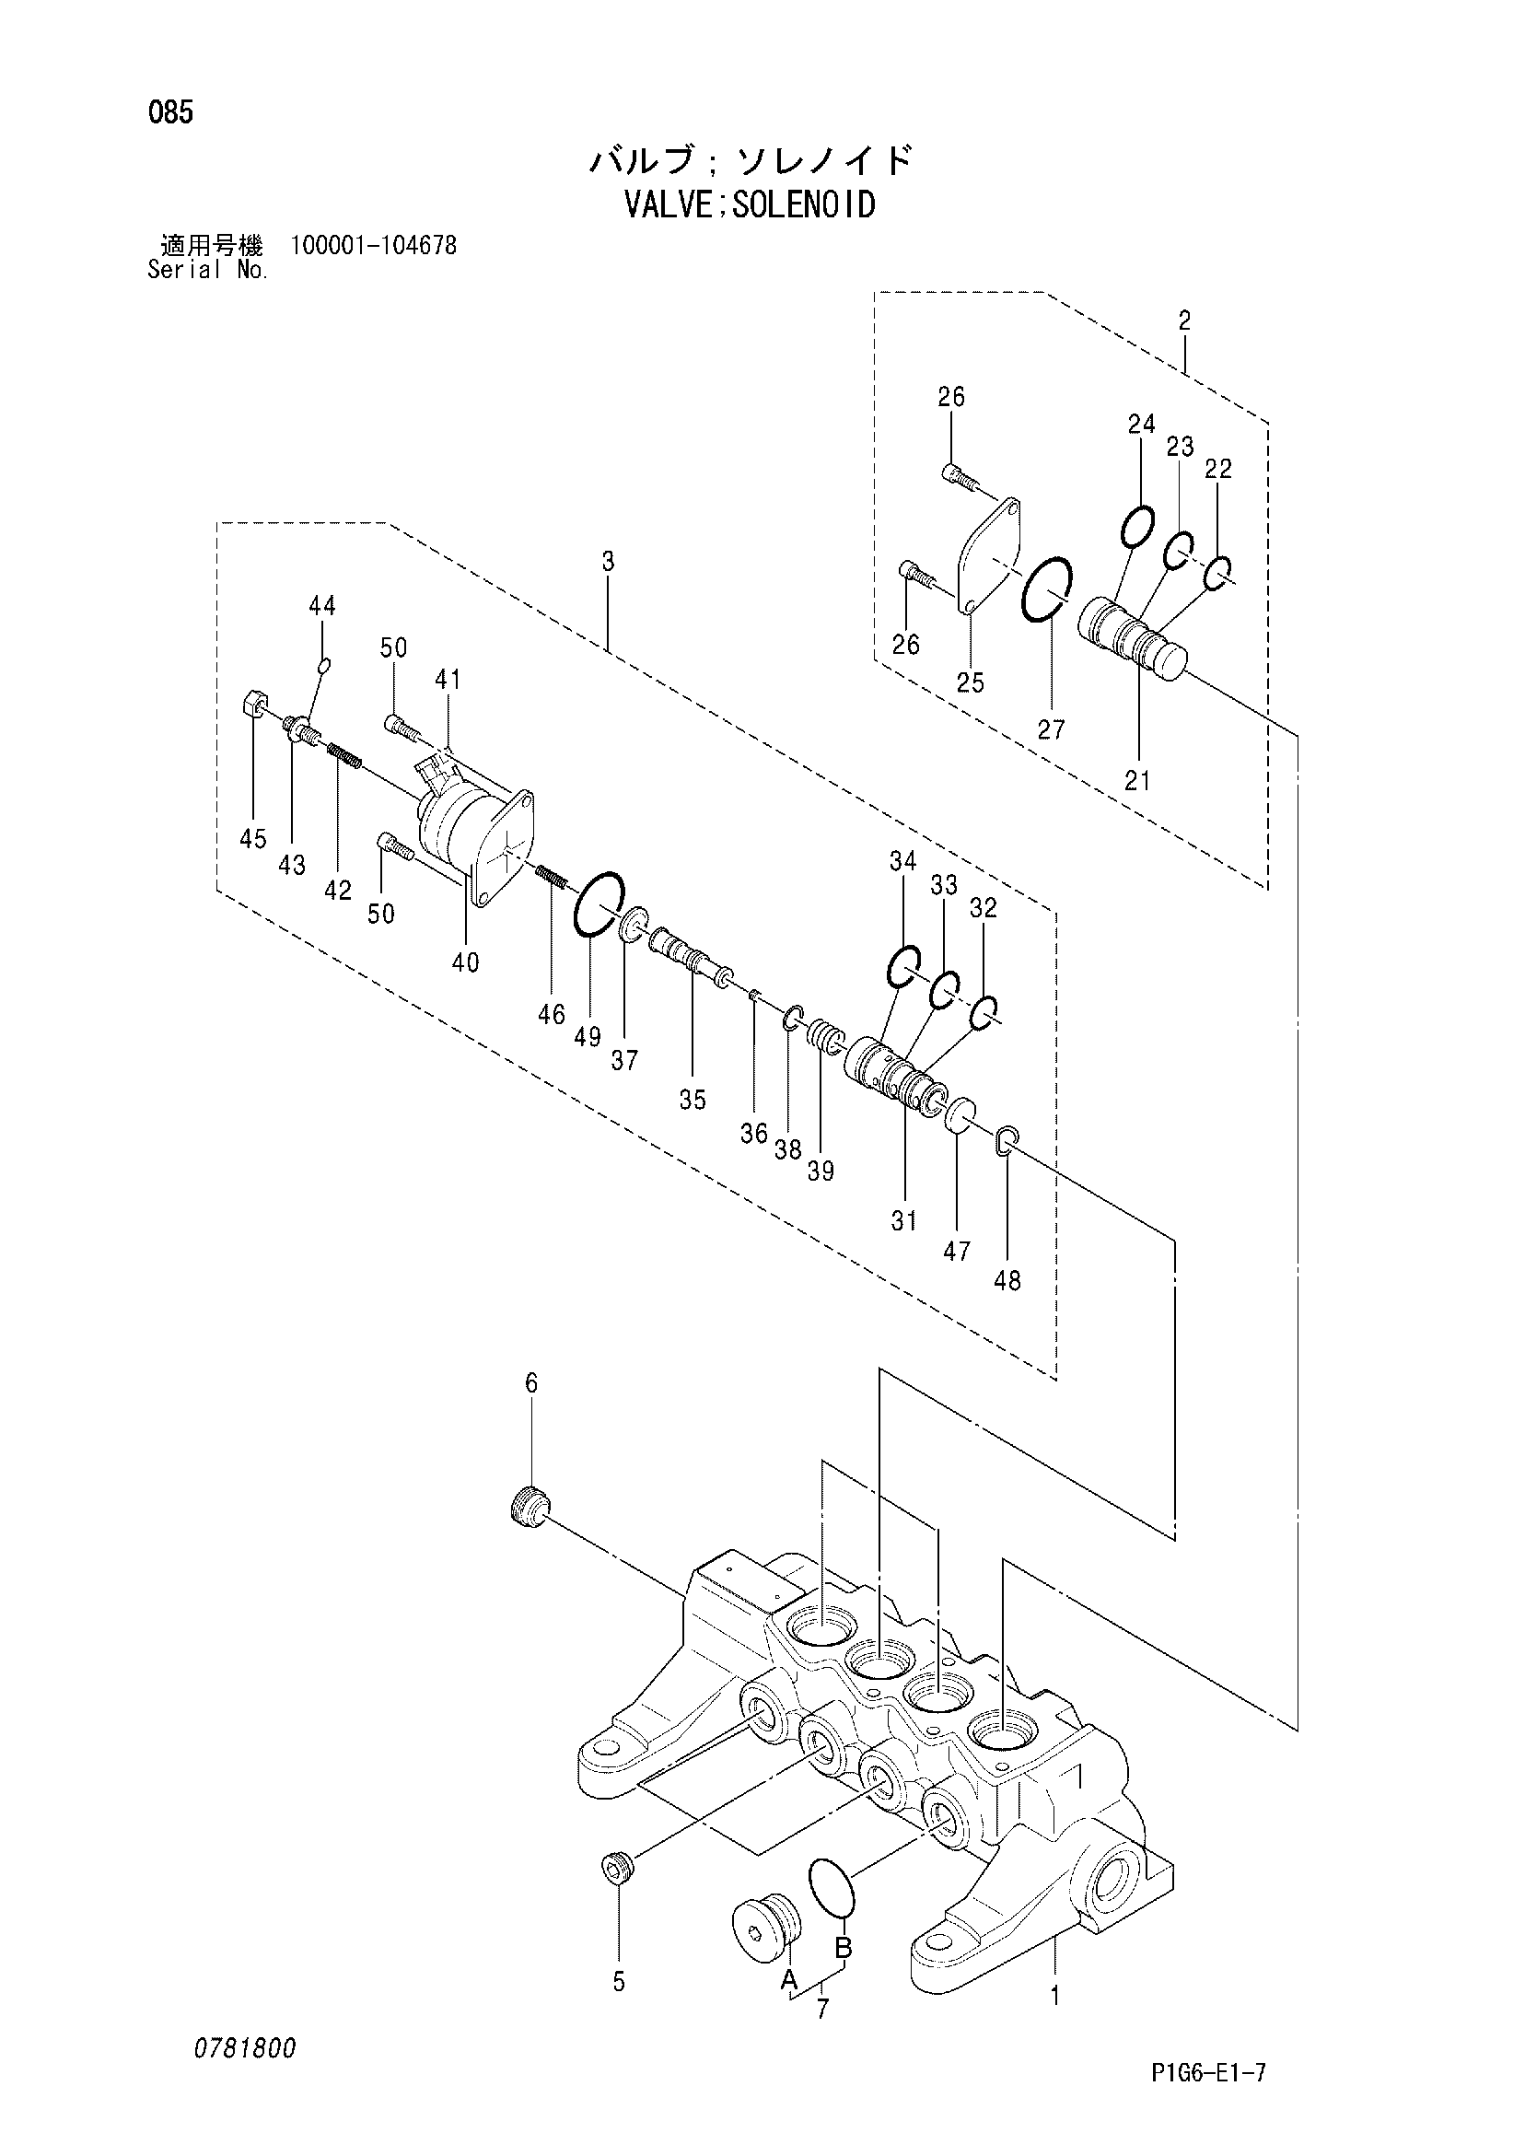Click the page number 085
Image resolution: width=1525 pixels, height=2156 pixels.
pos(170,113)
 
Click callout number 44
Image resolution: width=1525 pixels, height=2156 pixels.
pos(322,607)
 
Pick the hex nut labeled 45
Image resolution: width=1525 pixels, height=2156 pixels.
pos(254,703)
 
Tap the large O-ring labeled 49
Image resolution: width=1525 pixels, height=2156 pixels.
pos(598,903)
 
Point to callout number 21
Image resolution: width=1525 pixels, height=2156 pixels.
pos(1137,779)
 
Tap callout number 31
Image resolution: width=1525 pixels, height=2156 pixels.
pos(903,1220)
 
